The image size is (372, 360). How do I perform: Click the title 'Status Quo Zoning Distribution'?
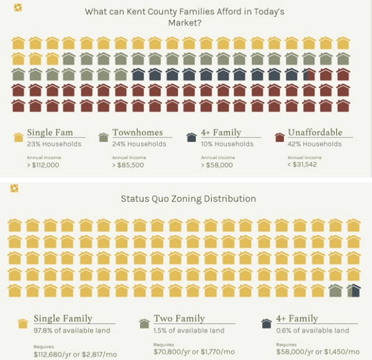point(188,199)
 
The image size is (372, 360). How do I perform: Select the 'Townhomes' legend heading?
point(137,133)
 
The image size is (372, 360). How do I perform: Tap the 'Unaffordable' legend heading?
point(315,133)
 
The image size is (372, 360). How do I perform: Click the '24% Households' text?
point(139,144)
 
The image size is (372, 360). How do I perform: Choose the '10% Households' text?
point(227,144)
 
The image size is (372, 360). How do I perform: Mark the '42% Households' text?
point(316,144)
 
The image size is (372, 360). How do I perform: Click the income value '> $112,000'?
point(43,165)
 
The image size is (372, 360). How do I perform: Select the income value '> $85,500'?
point(128,165)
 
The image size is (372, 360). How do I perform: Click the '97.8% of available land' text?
point(72,330)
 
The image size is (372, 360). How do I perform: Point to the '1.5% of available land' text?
point(189,330)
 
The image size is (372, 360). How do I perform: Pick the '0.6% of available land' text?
point(312,330)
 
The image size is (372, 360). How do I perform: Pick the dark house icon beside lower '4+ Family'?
point(267,323)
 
